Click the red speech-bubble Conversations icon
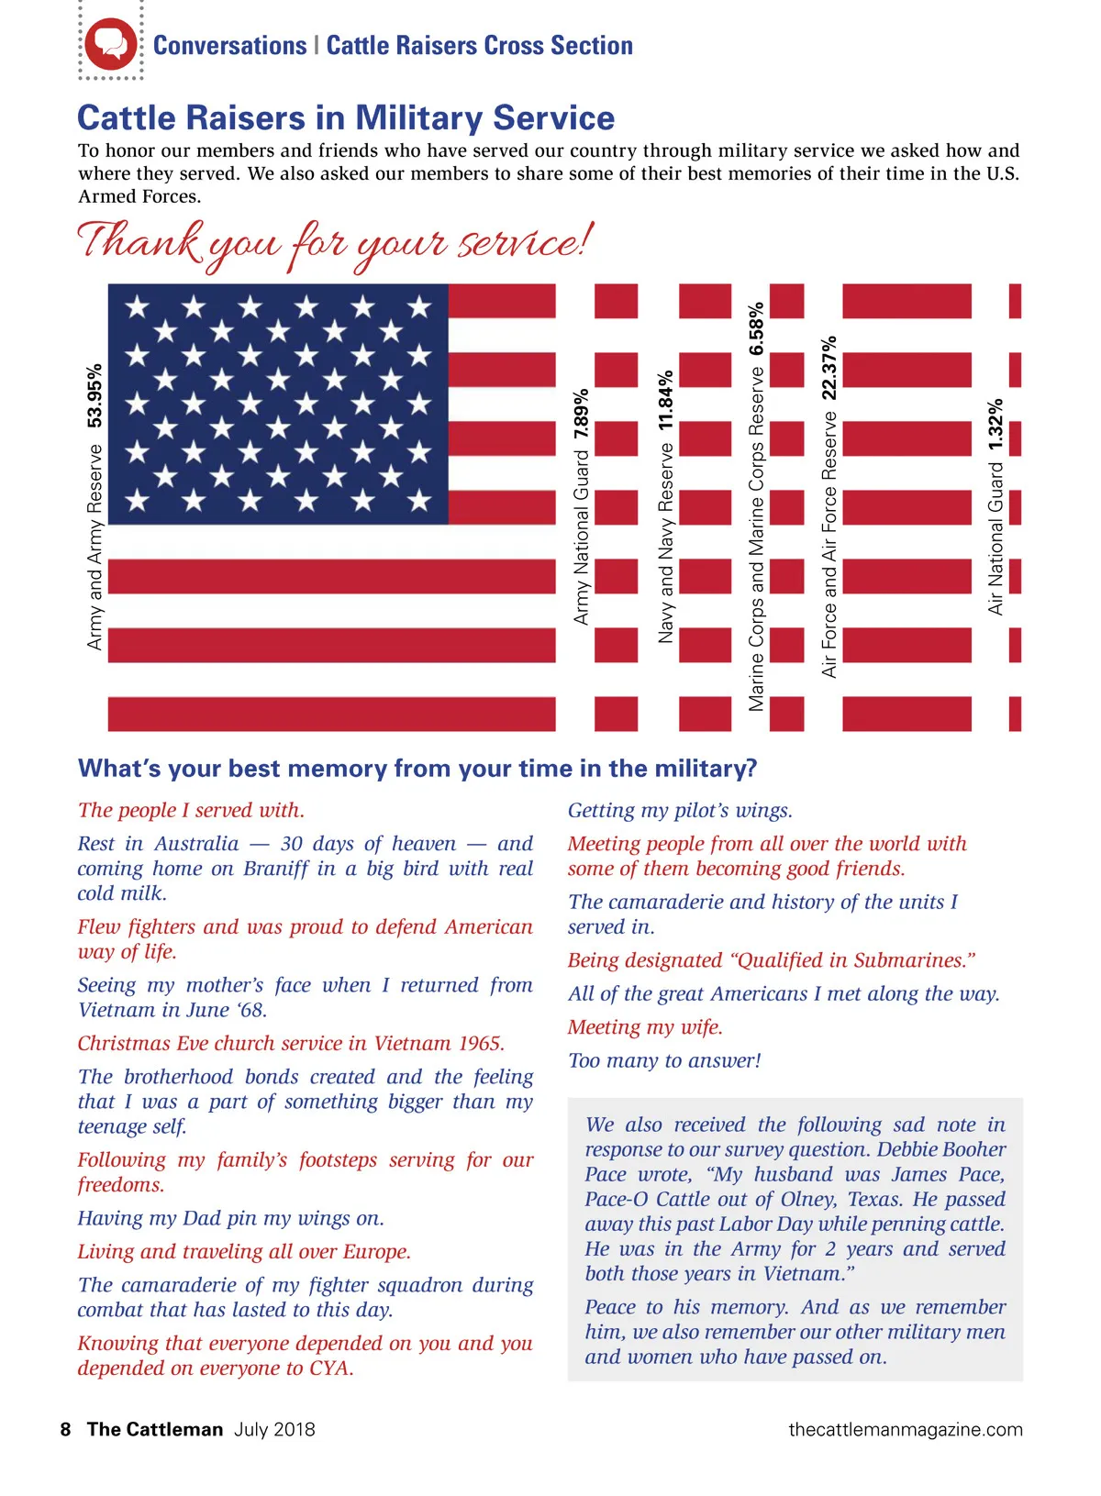111,44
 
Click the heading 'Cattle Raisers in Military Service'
346,118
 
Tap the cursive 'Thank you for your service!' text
336,243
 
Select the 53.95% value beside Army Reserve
95,395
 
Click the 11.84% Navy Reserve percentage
666,400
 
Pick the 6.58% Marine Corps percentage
756,329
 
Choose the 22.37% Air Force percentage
829,367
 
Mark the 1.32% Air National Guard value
995,425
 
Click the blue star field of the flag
278,404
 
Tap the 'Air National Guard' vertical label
995,537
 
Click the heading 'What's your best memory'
417,769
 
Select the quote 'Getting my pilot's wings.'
680,810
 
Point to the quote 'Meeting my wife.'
645,1027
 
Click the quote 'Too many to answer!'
664,1060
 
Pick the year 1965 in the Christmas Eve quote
480,1043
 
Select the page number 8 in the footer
65,1429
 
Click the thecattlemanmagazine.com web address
905,1429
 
